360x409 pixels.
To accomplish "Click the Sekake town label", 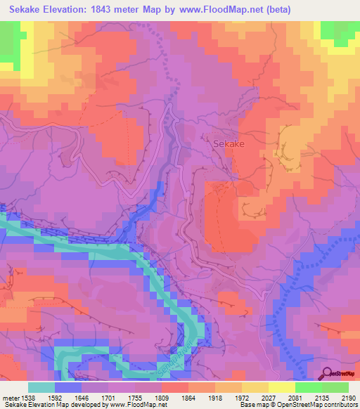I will tap(226, 143).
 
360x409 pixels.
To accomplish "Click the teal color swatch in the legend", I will tap(41, 387).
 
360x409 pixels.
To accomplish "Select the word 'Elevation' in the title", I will tap(72, 9).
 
